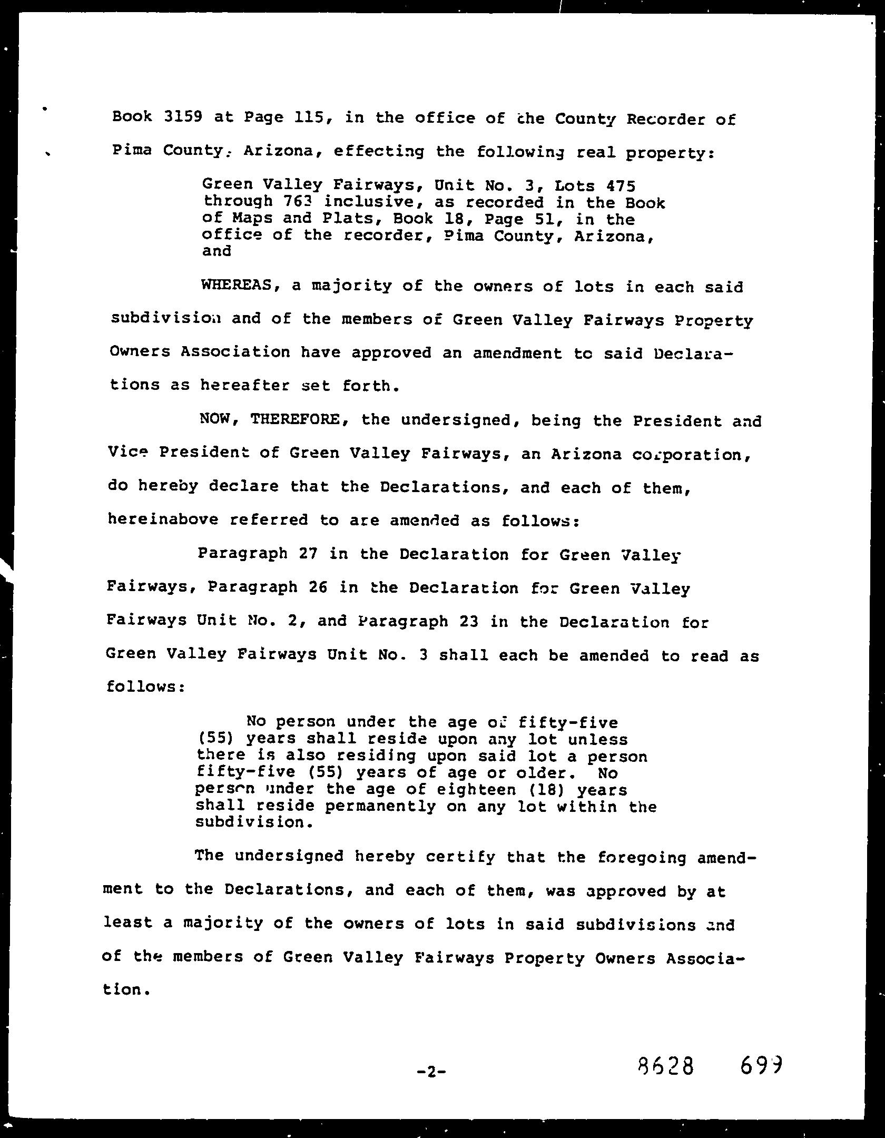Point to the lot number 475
620,185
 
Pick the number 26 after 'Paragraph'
318,587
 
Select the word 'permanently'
380,807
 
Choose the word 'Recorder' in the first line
665,119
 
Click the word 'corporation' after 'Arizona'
691,454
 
